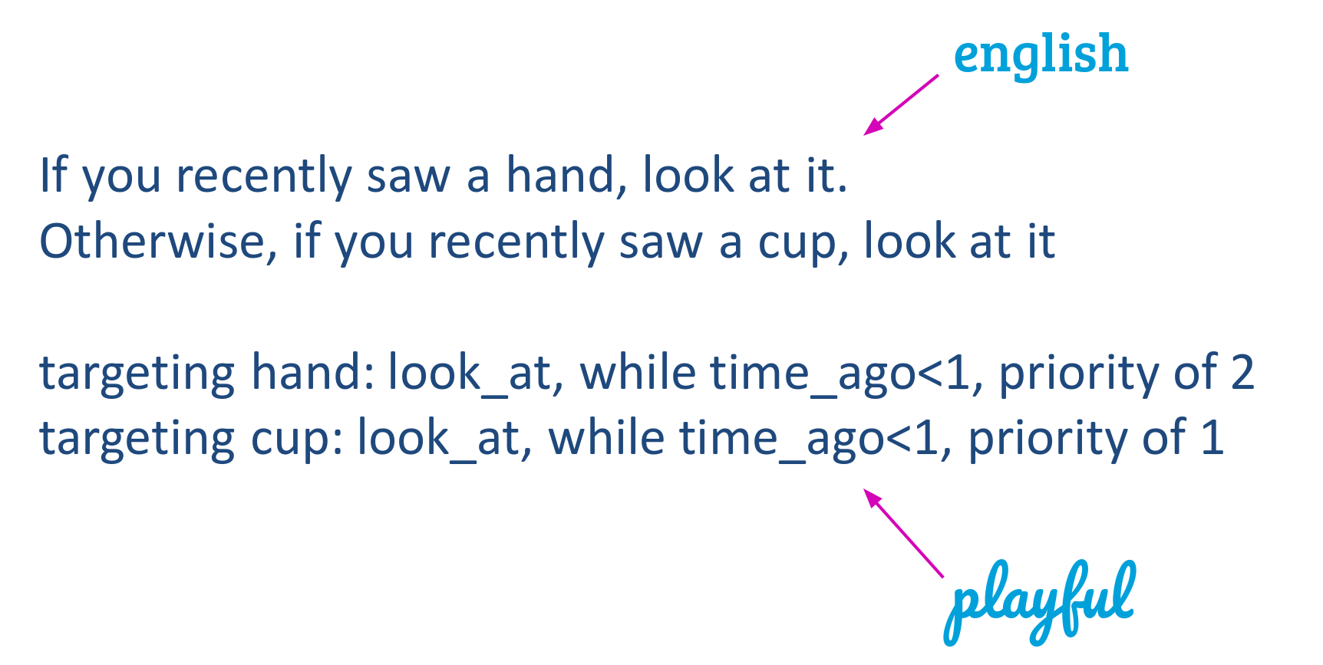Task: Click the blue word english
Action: point(1041,56)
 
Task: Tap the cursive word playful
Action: point(1039,603)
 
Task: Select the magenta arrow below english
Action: point(901,105)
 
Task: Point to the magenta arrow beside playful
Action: point(903,533)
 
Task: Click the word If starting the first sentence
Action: point(54,174)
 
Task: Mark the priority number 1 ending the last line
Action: point(1212,439)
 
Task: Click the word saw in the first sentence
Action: point(408,178)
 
